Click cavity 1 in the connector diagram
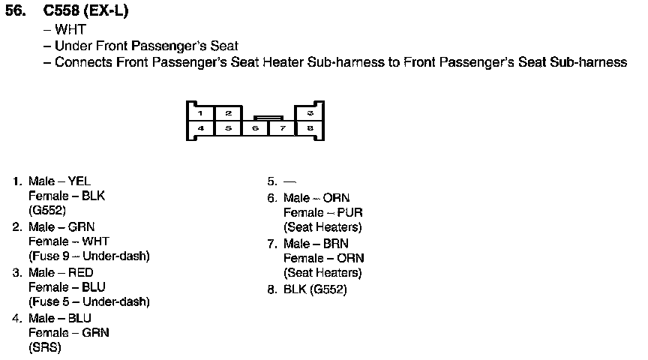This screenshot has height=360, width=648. [x=201, y=112]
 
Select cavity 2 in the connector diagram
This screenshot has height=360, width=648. [x=229, y=112]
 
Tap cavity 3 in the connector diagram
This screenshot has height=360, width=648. [x=310, y=112]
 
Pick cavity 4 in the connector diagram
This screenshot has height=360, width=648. [x=201, y=128]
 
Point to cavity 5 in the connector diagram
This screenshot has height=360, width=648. [x=229, y=128]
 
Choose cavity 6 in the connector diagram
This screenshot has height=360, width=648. [x=256, y=129]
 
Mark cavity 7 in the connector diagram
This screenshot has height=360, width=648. [x=283, y=129]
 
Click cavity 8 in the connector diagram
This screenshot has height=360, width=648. [x=310, y=128]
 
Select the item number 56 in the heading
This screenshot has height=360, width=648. [x=16, y=12]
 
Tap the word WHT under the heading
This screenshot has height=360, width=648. [x=70, y=30]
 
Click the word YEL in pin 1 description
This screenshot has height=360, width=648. [x=79, y=181]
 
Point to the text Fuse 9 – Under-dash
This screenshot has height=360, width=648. [x=89, y=256]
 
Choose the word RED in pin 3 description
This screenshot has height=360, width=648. [x=81, y=272]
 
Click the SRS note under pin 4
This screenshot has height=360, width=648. [x=44, y=348]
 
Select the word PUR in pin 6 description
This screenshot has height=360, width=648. [x=350, y=213]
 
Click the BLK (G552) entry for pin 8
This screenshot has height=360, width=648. [x=315, y=289]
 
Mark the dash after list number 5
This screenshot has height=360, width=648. [x=290, y=181]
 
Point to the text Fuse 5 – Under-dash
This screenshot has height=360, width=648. [x=89, y=302]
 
